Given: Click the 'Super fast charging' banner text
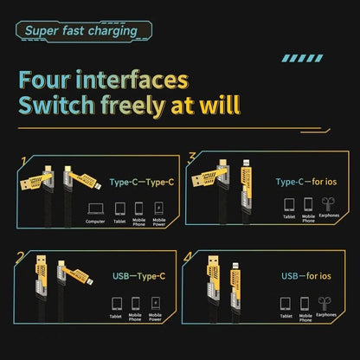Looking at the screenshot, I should pos(80,31).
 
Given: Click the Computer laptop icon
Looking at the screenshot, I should pos(95,209).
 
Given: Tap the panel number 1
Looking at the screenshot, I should pos(25,161).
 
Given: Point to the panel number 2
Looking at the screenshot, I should pos(20,258).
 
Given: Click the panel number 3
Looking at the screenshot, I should pos(192,157).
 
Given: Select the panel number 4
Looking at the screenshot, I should pos(190,257).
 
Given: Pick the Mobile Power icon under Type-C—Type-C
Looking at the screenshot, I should pos(157,209).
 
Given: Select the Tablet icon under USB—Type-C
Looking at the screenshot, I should pos(115,304).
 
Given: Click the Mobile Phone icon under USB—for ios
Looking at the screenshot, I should pos(304,304).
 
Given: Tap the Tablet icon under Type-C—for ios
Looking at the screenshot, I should pos(289,206).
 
